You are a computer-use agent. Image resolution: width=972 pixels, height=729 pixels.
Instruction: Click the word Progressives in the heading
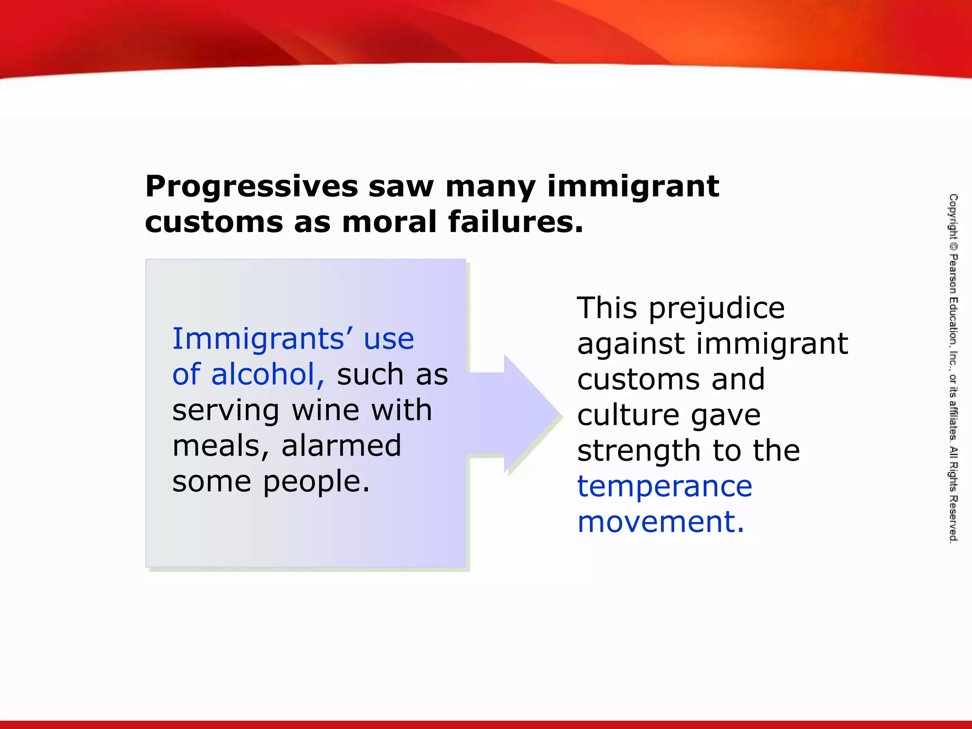[x=252, y=187]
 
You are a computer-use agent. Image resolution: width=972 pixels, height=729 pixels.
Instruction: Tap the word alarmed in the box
[x=341, y=446]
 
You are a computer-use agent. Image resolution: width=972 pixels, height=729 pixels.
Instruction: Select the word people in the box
[x=316, y=482]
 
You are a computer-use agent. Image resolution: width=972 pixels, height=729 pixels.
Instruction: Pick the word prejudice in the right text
[x=717, y=308]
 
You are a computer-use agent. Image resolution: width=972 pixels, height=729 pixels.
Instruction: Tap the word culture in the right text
[x=628, y=416]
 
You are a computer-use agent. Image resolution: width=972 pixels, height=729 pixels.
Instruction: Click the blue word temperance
[x=664, y=487]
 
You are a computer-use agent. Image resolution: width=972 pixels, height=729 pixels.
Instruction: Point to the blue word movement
[x=660, y=522]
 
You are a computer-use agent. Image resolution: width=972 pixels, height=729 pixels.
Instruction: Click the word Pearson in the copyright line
[x=953, y=274]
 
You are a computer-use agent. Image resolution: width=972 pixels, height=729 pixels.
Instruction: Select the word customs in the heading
[x=214, y=222]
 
